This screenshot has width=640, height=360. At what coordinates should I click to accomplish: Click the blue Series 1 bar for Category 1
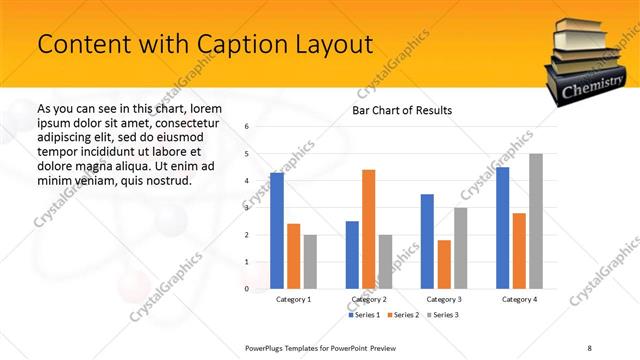tap(277, 231)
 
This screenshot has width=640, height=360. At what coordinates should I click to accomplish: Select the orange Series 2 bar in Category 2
tap(369, 230)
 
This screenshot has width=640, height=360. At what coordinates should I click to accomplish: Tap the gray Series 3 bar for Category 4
tap(536, 222)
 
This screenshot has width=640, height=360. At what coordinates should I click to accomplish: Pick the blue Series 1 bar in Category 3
tap(427, 242)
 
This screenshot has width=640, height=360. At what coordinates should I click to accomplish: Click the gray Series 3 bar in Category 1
tap(310, 262)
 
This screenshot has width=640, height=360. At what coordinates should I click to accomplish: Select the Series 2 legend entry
tap(401, 315)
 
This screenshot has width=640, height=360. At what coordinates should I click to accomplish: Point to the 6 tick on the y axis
tap(247, 127)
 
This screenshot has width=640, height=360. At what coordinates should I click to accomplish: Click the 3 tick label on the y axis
tap(247, 208)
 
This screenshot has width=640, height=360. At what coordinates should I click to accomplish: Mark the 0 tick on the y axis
tap(247, 289)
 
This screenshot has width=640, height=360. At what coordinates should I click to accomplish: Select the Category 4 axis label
tap(518, 299)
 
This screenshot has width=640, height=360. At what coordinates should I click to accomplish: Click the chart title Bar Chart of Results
tap(402, 110)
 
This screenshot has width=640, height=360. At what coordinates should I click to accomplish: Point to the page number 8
tap(589, 346)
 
